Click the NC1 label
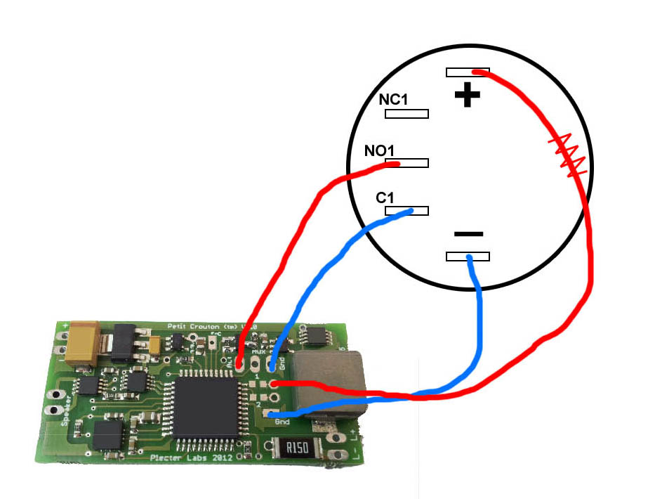393,99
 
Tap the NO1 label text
380,150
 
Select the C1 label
385,198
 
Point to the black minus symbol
468,233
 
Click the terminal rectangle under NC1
405,113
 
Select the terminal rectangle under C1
407,211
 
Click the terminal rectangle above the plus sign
468,72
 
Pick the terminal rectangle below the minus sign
468,257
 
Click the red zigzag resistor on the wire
568,154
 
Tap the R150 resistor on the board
294,448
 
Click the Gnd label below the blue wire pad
282,422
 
